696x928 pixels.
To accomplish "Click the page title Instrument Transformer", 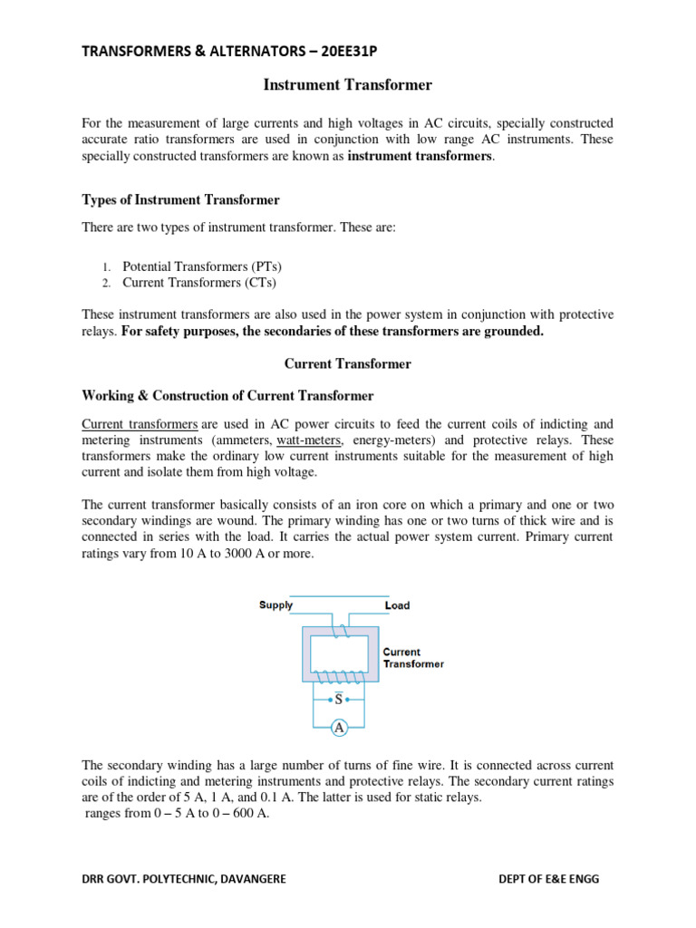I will (347, 85).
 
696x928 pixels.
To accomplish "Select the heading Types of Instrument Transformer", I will (180, 199).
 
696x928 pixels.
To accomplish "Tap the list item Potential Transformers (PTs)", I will (202, 266).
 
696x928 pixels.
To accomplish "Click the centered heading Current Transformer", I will (347, 363).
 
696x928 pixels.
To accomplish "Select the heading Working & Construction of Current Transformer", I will (227, 396).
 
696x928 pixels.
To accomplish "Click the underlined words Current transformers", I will (140, 424).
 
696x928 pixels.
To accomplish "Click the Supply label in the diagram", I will (275, 605).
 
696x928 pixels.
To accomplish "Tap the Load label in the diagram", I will (397, 605).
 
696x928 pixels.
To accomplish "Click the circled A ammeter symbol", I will (339, 727).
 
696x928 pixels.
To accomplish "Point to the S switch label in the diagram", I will (339, 700).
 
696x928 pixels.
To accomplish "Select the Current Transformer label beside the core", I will (412, 658).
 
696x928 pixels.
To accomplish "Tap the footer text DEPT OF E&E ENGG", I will (549, 879).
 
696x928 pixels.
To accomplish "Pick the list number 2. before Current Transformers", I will (105, 284).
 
